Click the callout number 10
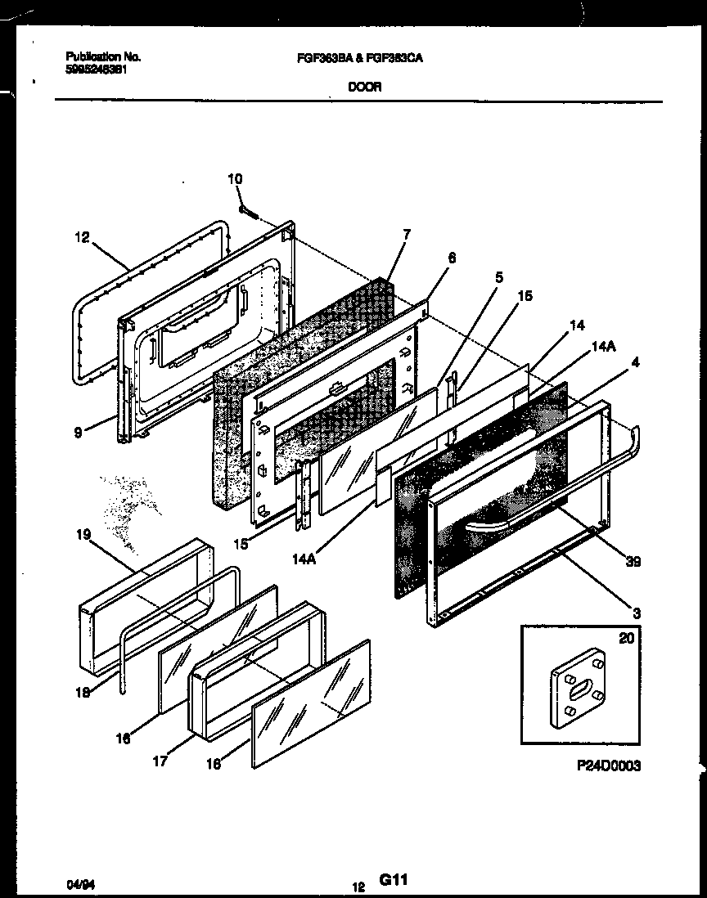coord(235,179)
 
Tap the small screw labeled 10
coord(249,210)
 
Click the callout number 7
coord(407,236)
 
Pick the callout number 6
coord(452,257)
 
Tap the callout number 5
coord(498,277)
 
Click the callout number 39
coord(633,562)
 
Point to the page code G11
coord(393,880)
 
